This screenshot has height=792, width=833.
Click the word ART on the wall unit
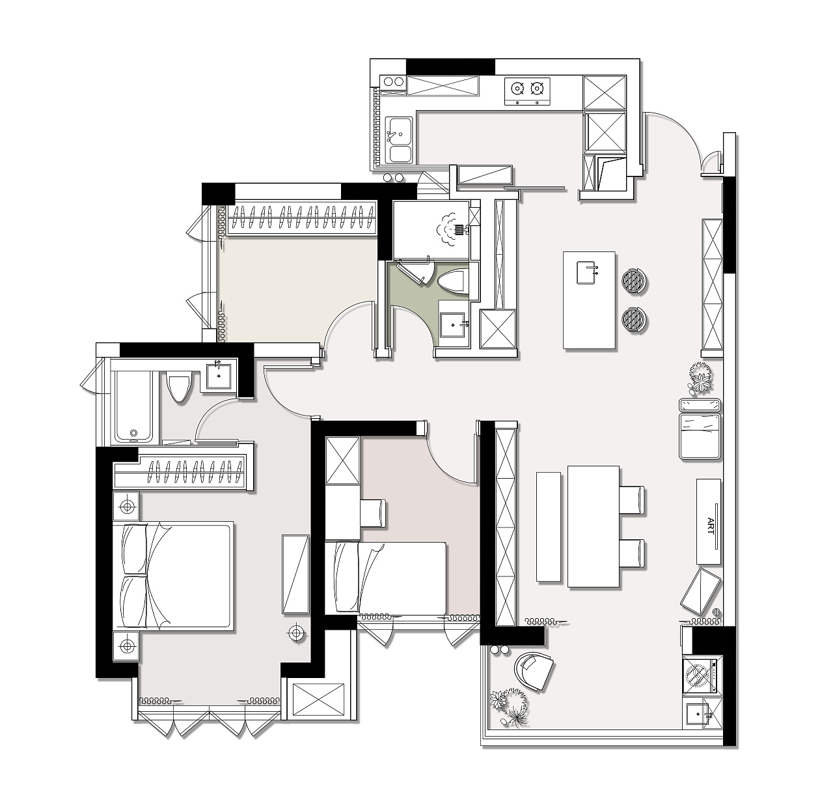click(711, 526)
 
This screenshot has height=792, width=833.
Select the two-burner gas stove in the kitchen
click(527, 91)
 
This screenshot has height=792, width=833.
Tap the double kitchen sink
click(400, 139)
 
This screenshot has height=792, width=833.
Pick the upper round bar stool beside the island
click(635, 281)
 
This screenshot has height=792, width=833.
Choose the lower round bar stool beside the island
click(635, 320)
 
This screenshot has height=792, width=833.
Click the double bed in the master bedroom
click(173, 576)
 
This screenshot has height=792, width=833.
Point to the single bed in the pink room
click(385, 577)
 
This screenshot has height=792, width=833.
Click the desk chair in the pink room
click(373, 513)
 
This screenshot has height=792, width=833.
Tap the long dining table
click(593, 526)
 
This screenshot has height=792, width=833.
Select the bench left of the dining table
click(548, 526)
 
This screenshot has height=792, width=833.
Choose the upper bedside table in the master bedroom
click(126, 506)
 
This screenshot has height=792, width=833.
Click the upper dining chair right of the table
click(632, 500)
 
